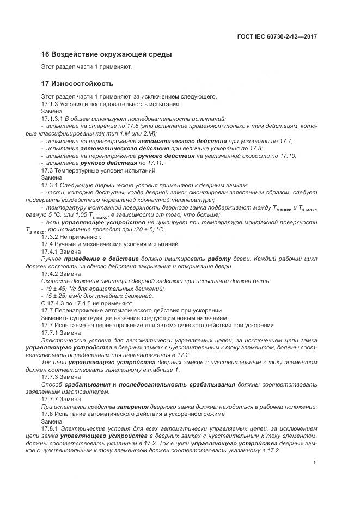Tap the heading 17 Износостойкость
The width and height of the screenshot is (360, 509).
tap(77, 84)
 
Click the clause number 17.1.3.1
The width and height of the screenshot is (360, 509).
tap(53, 118)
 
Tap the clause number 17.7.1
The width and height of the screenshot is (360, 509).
tap(52, 332)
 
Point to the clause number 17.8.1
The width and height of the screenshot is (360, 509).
tap(52, 429)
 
